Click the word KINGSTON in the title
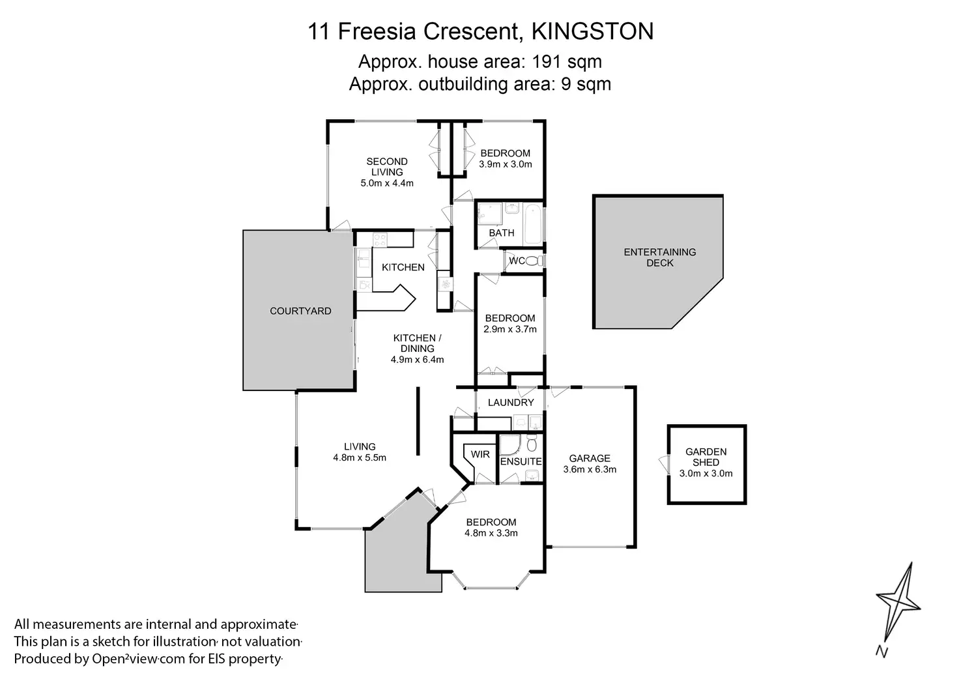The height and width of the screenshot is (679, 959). [592, 31]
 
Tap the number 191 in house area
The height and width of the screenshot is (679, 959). [547, 62]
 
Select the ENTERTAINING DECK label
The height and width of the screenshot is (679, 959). [660, 257]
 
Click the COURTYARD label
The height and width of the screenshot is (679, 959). [300, 311]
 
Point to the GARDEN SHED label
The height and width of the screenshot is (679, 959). [706, 457]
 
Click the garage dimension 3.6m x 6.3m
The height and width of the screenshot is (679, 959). [590, 469]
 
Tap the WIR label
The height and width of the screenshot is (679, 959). [480, 454]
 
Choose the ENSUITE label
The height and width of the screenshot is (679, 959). [521, 461]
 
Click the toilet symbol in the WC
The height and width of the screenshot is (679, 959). [534, 260]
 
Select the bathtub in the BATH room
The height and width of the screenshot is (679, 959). [534, 224]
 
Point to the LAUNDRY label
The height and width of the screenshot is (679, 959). [511, 403]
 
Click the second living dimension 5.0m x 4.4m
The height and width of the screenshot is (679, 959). [387, 183]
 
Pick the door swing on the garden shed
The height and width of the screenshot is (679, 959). [664, 465]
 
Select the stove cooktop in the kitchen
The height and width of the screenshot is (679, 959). [380, 240]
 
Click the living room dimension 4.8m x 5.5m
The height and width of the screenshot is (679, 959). [360, 457]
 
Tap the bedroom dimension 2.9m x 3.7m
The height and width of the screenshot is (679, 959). [510, 329]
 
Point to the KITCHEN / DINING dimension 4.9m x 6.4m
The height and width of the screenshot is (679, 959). [417, 360]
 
